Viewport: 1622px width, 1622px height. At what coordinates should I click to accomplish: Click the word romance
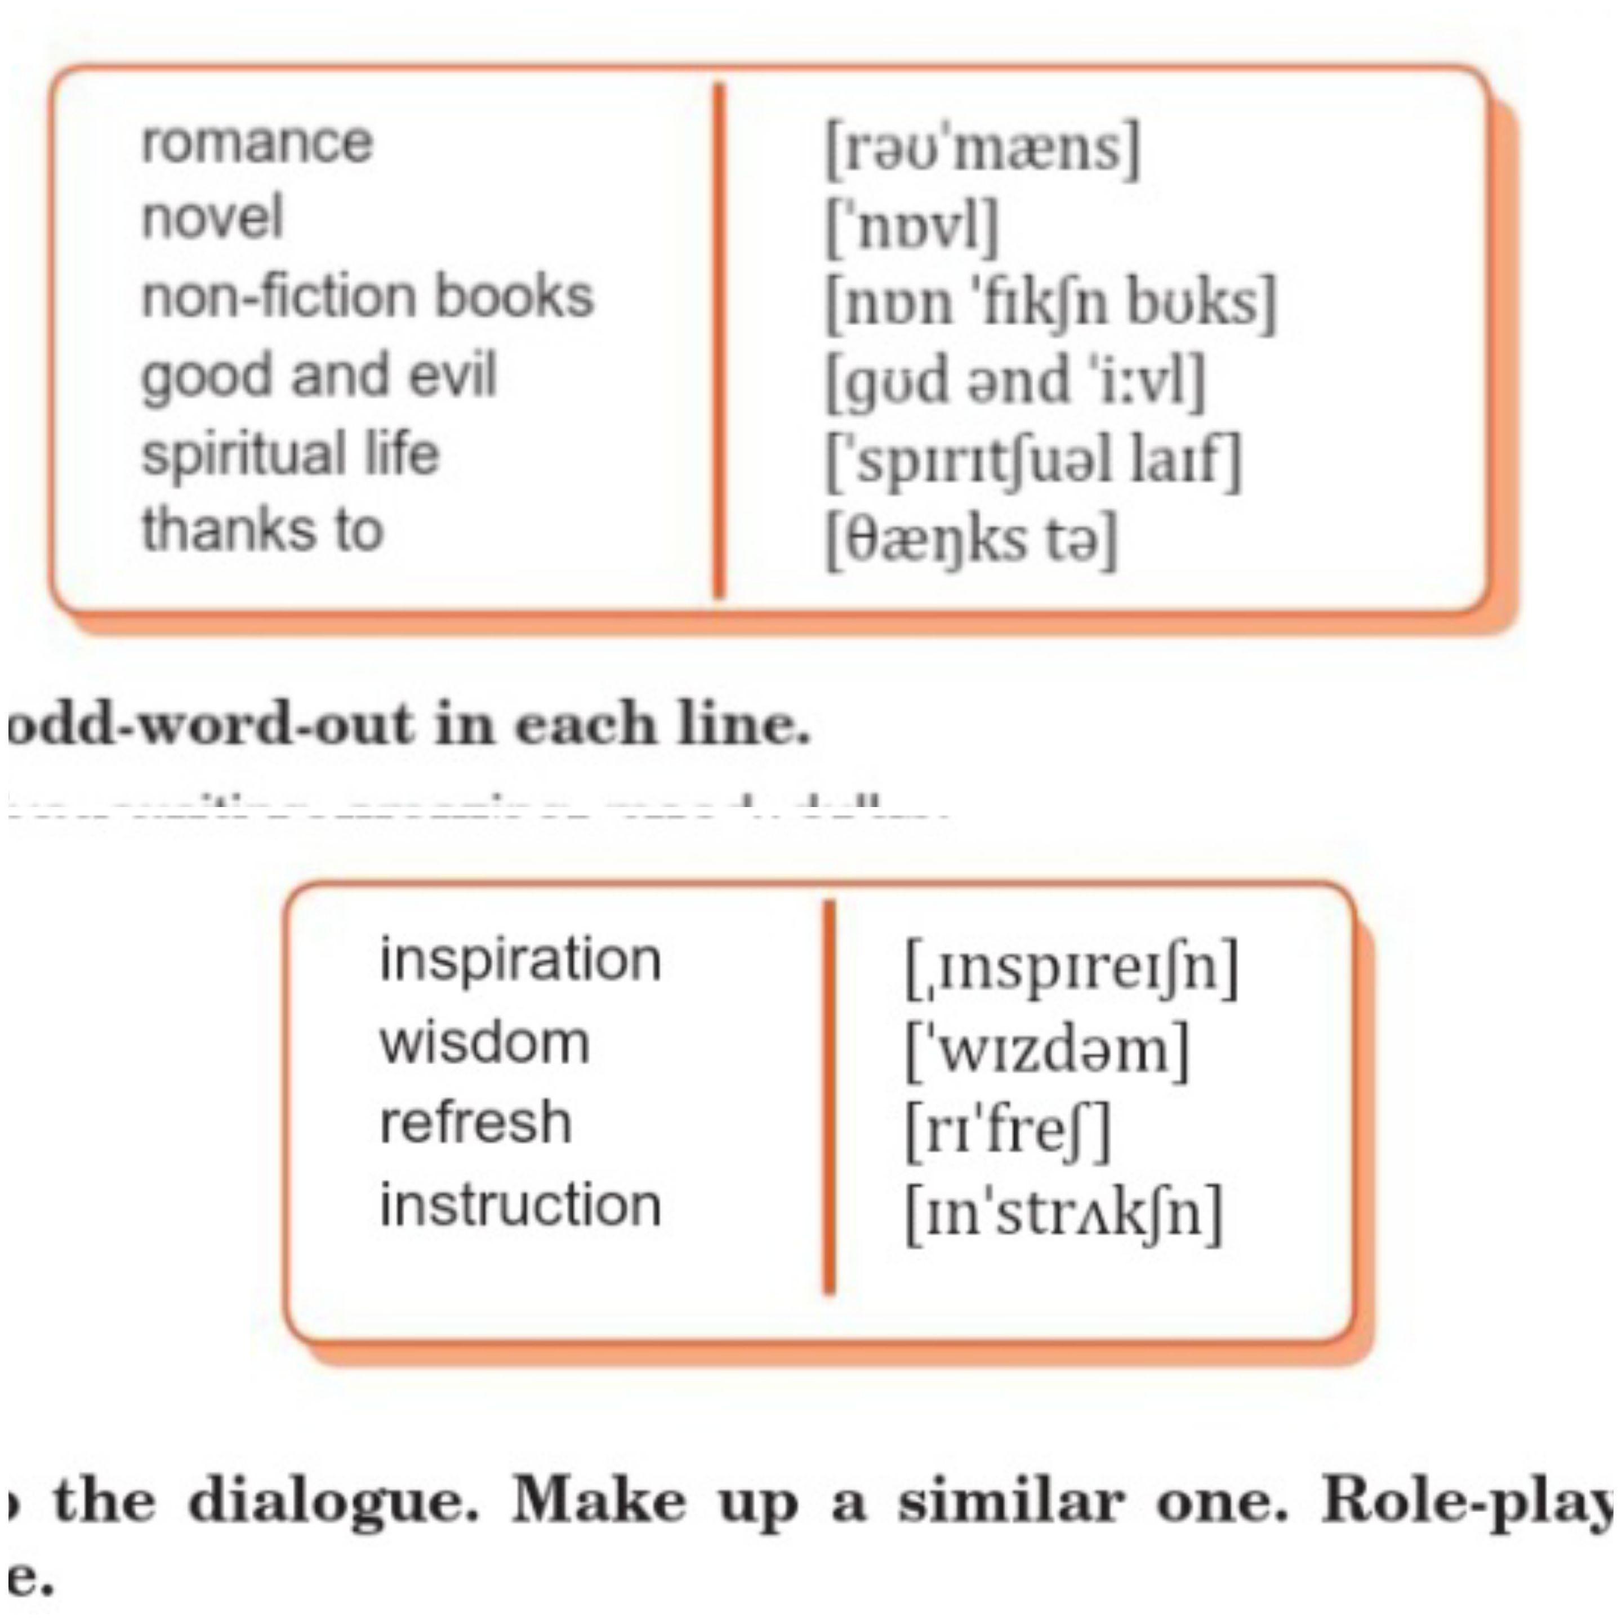[257, 142]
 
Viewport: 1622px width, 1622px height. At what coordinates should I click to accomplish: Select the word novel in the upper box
[212, 219]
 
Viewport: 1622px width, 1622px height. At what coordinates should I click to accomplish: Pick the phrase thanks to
[263, 530]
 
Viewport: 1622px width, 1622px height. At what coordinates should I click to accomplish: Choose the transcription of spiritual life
[1033, 460]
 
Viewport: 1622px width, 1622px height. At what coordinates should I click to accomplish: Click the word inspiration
[520, 960]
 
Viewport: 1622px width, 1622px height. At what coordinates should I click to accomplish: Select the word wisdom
[484, 1042]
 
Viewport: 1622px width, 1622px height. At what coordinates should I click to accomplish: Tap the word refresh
[476, 1122]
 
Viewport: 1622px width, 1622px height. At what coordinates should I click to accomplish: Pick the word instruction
[520, 1205]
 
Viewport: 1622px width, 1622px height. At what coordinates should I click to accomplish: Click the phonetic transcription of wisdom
[1047, 1049]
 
